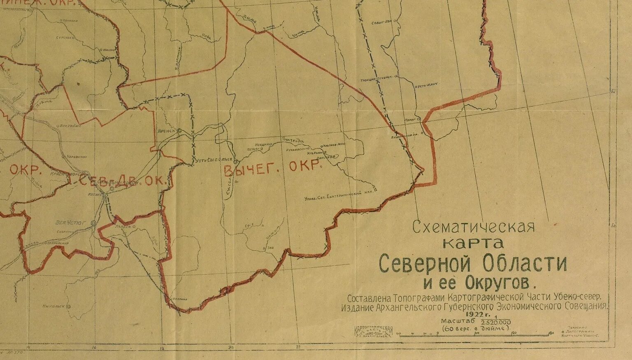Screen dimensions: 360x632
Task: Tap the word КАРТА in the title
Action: [x=473, y=243]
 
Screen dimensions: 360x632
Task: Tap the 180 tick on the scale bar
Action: [x=551, y=333]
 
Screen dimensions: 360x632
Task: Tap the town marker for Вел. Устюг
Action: [x=93, y=223]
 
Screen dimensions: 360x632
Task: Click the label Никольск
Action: [x=54, y=307]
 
